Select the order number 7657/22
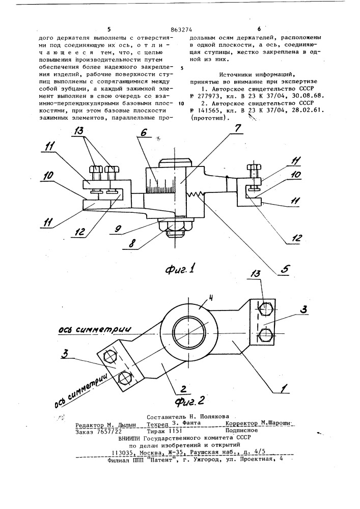pyautogui.click(x=106, y=430)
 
